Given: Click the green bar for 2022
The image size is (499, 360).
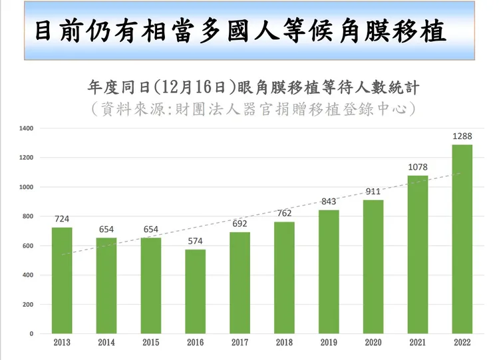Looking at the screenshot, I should [x=462, y=240].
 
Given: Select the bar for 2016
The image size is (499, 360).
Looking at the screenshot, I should [x=195, y=291].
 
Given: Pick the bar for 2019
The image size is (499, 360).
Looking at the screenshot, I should [x=329, y=271].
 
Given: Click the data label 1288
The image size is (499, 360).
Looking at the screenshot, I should [x=462, y=136].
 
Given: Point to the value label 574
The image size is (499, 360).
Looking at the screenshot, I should [x=195, y=242].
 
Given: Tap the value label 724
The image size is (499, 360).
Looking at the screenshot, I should [x=62, y=219].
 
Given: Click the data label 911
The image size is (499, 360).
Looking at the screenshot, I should [x=373, y=192].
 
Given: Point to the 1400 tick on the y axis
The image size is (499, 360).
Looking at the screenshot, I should [x=26, y=128].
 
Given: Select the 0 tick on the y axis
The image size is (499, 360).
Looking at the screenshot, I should [x=31, y=333].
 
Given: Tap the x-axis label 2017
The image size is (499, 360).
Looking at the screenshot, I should [x=240, y=343].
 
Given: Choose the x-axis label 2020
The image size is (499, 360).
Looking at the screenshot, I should [x=373, y=343].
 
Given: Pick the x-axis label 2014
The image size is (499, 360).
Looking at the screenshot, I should [x=106, y=343].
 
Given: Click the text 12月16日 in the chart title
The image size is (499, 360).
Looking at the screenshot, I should [x=188, y=87].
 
